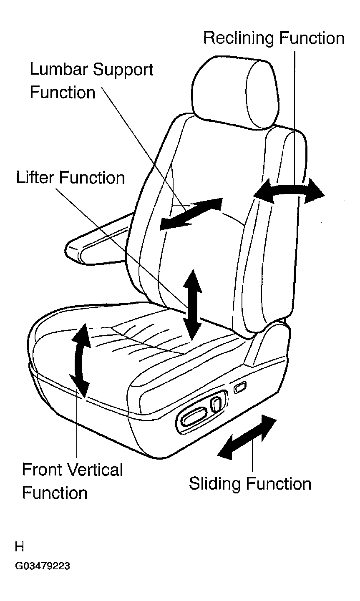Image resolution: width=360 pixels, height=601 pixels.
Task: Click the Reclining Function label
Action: [x=274, y=38]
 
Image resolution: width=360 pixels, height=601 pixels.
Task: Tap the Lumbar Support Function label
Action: [x=91, y=80]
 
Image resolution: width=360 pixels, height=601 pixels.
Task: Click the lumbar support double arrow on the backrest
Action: [x=191, y=214]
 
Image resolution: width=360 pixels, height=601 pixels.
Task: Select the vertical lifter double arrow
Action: [x=192, y=305]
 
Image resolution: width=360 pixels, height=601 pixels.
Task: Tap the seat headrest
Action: [x=235, y=92]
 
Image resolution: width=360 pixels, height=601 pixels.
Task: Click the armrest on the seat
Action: [x=99, y=239]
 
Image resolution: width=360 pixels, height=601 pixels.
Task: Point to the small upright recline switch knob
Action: [x=216, y=405]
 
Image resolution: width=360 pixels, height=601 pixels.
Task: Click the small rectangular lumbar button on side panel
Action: [x=240, y=387]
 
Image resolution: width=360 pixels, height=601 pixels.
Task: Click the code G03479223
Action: [x=43, y=566]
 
